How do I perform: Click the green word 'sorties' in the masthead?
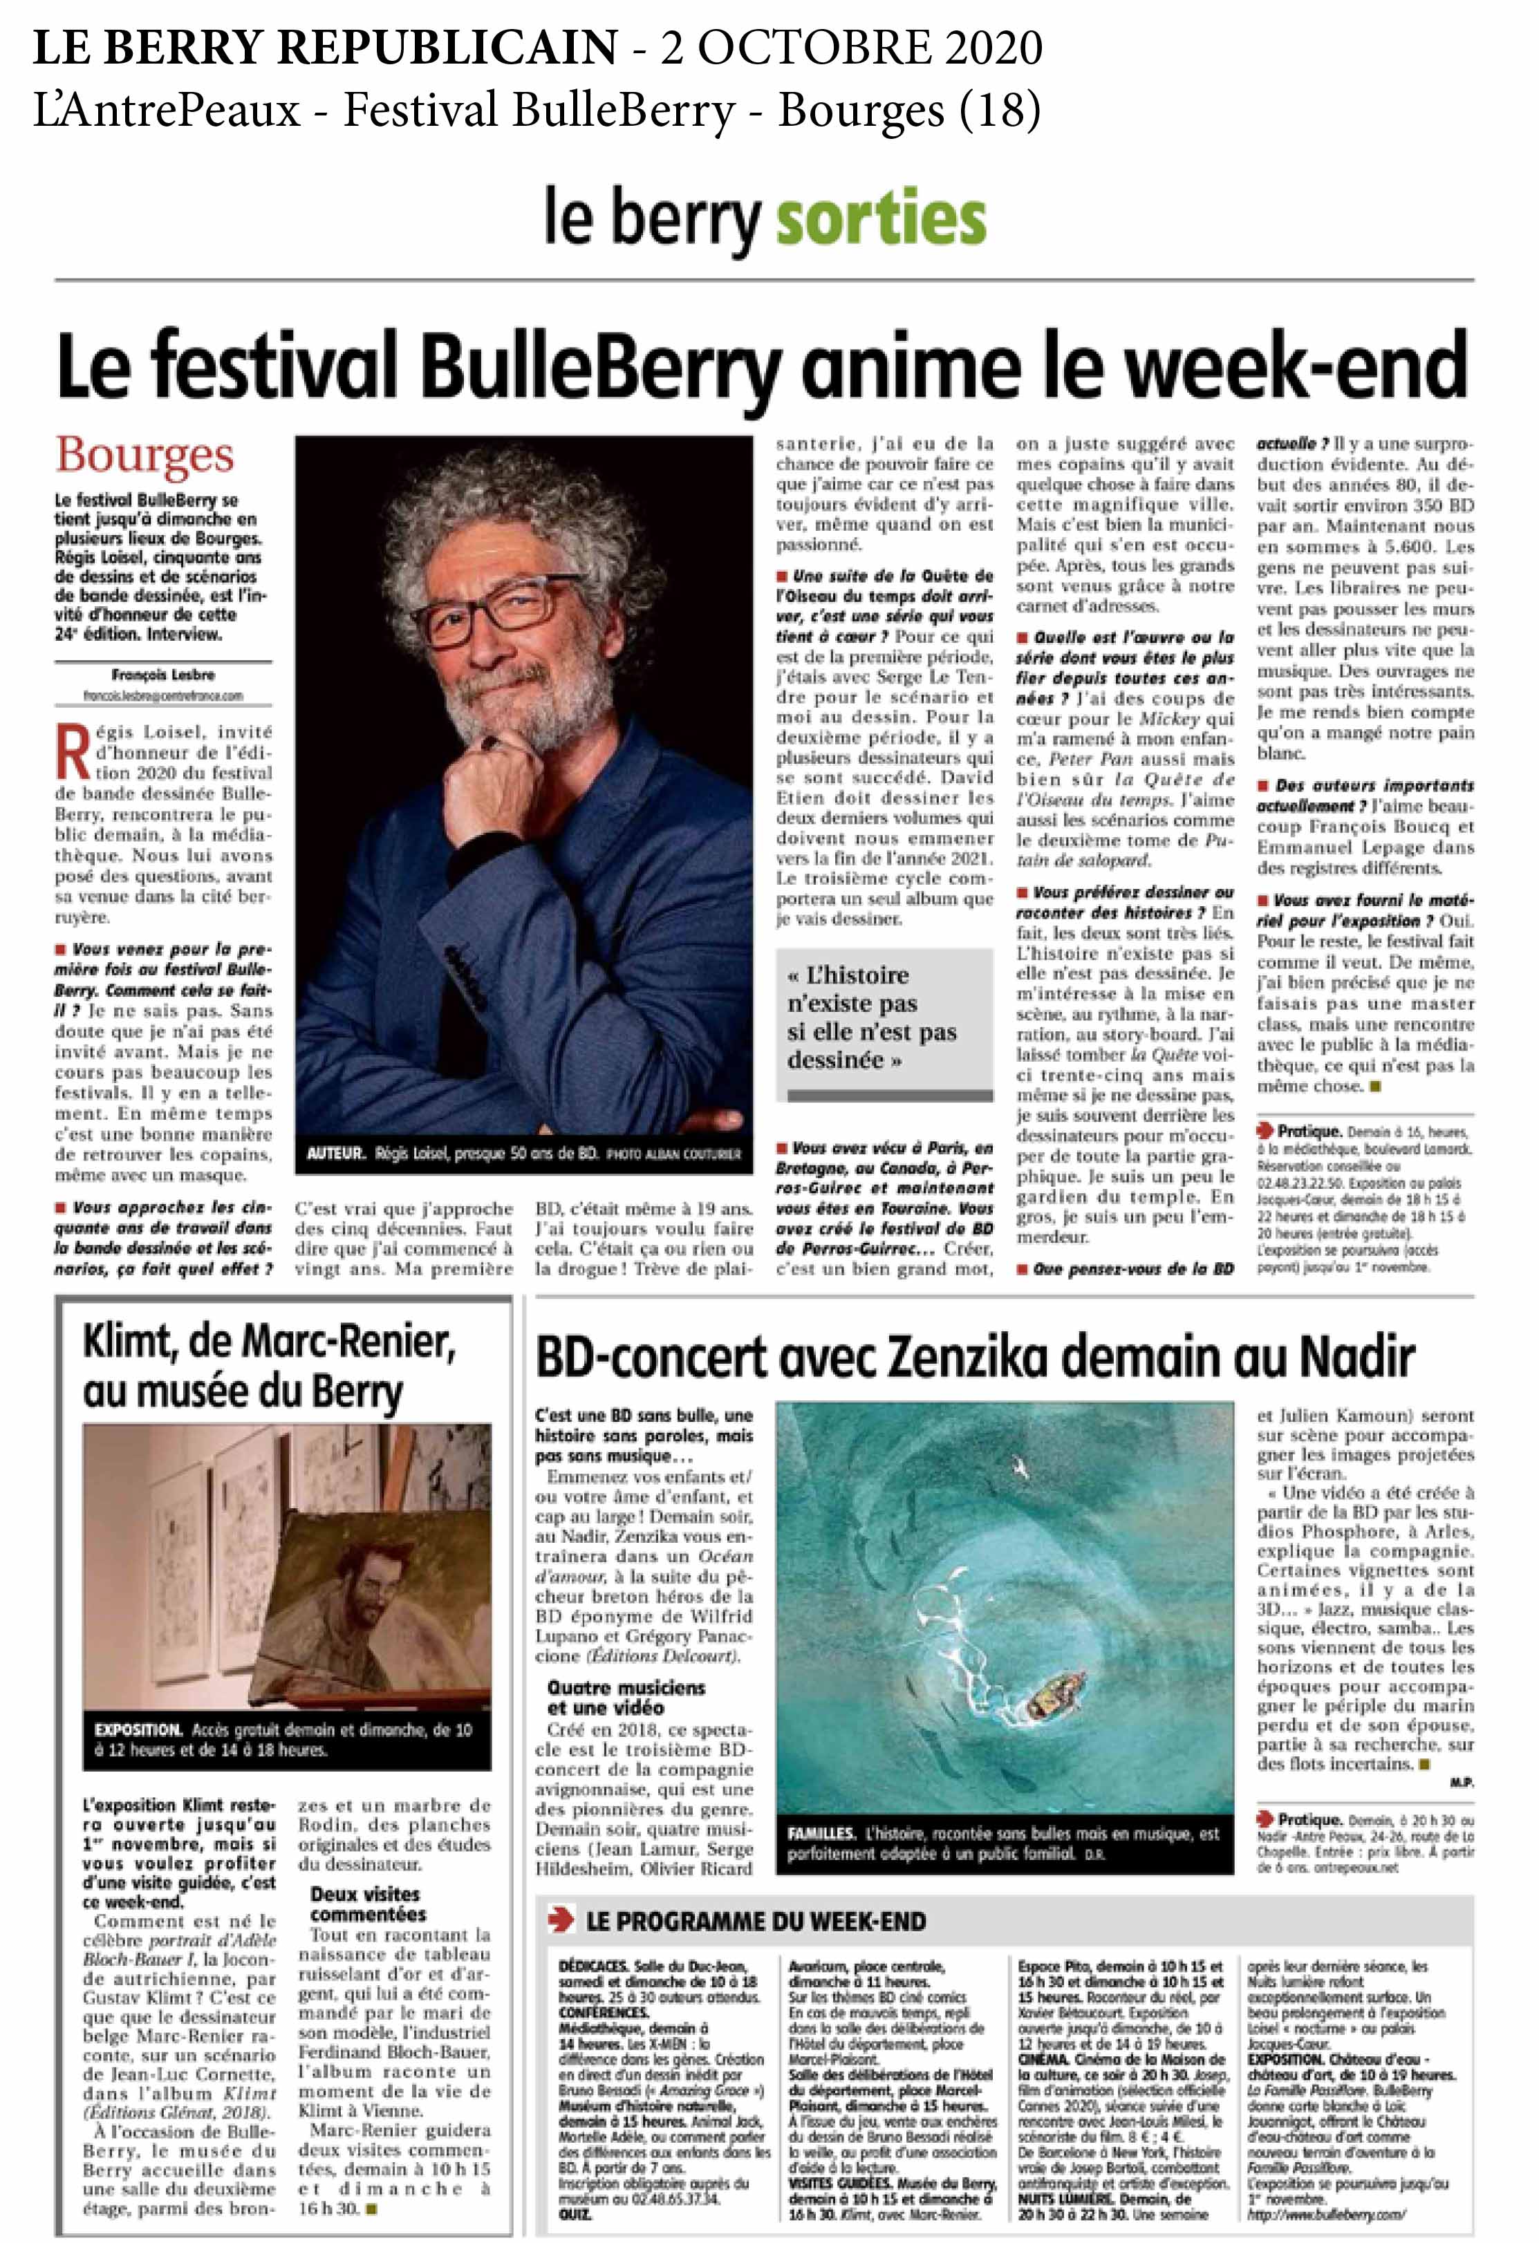[x=881, y=219]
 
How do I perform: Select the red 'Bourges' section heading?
[x=144, y=456]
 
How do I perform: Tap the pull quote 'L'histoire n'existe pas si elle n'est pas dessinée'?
[x=872, y=1017]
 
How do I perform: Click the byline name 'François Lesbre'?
[x=163, y=675]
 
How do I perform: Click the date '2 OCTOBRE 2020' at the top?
[x=850, y=47]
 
